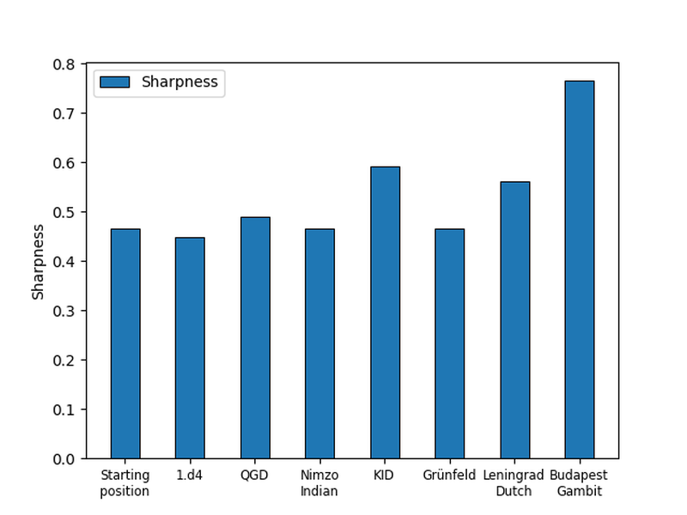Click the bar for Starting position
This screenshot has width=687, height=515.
[125, 343]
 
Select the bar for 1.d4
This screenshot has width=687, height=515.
[190, 348]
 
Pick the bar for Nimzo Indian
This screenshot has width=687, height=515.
[319, 343]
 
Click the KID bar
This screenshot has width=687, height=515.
[385, 312]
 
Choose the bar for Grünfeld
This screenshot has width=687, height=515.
[449, 343]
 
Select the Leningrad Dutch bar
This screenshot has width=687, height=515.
[514, 320]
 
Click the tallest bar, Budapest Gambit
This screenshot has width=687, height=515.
[580, 270]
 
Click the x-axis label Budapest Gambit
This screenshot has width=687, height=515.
[580, 483]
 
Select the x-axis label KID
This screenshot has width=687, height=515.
[385, 476]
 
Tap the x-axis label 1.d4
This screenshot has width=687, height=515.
[190, 476]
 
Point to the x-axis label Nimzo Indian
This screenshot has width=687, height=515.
[319, 483]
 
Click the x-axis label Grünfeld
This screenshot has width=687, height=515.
[449, 476]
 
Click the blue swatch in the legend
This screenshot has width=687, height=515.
[114, 82]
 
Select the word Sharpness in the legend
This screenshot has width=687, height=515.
[179, 82]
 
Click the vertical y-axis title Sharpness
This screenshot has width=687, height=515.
[38, 262]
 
